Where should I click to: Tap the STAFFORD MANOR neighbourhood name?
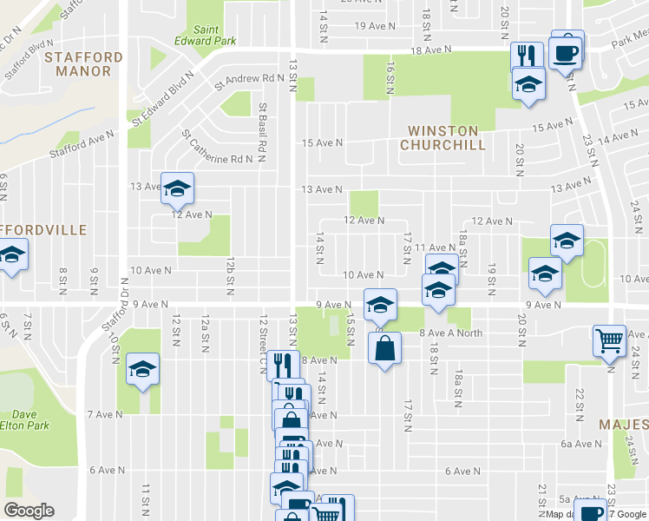(x=83, y=64)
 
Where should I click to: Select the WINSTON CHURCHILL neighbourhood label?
(x=443, y=138)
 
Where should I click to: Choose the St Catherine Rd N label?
(x=218, y=148)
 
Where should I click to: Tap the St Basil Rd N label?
(x=262, y=120)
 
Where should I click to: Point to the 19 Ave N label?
(x=374, y=26)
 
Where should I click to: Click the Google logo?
(x=28, y=511)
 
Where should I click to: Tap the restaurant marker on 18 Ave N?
(x=526, y=56)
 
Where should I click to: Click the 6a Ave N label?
(x=580, y=444)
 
